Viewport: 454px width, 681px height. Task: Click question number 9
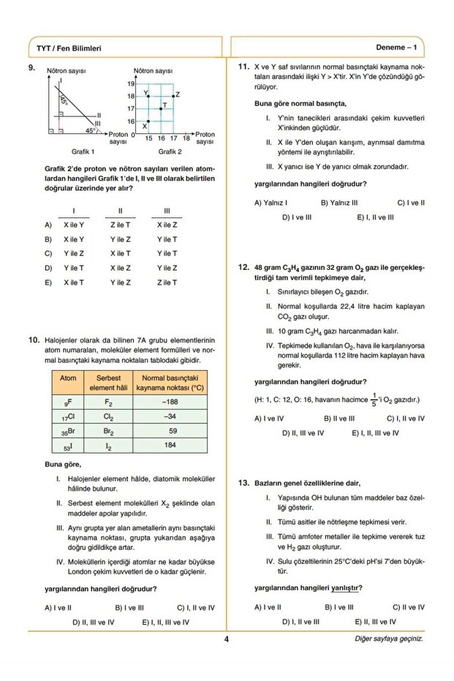33,69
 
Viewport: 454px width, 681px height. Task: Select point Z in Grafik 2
173,96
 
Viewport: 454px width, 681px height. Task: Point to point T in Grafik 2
161,108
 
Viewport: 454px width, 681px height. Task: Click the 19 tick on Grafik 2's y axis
131,84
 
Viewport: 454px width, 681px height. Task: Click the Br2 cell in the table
108,431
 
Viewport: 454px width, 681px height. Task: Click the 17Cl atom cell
68,417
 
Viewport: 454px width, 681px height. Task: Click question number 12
244,268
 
